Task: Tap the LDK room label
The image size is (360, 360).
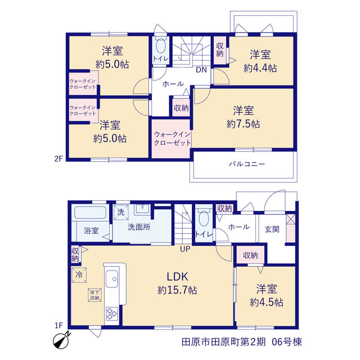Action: pyautogui.click(x=178, y=276)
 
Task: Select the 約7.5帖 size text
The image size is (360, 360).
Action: pyautogui.click(x=244, y=124)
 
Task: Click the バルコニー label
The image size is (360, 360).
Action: pyautogui.click(x=247, y=164)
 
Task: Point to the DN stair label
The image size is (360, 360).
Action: pyautogui.click(x=201, y=70)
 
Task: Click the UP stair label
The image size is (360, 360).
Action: pyautogui.click(x=185, y=249)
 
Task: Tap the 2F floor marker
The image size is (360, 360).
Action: pyautogui.click(x=58, y=159)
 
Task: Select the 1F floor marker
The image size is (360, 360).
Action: pyautogui.click(x=58, y=325)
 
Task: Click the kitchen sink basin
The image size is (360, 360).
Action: pyautogui.click(x=112, y=278)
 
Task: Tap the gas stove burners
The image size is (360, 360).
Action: pyautogui.click(x=112, y=314)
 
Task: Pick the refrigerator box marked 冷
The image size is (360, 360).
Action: pyautogui.click(x=79, y=274)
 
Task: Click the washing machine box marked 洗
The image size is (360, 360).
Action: pyautogui.click(x=121, y=212)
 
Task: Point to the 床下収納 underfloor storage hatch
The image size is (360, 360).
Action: pyautogui.click(x=94, y=295)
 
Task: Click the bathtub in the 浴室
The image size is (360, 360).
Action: pyautogui.click(x=90, y=213)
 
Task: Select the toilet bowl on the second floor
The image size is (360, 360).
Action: pyautogui.click(x=161, y=46)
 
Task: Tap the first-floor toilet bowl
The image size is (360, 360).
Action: pyautogui.click(x=204, y=218)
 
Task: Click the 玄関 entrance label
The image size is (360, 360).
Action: pyautogui.click(x=272, y=229)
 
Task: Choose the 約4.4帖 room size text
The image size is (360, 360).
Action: pyautogui.click(x=260, y=68)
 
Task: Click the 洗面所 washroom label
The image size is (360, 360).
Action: pyautogui.click(x=139, y=227)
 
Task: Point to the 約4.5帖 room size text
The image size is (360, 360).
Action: pyautogui.click(x=267, y=303)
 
